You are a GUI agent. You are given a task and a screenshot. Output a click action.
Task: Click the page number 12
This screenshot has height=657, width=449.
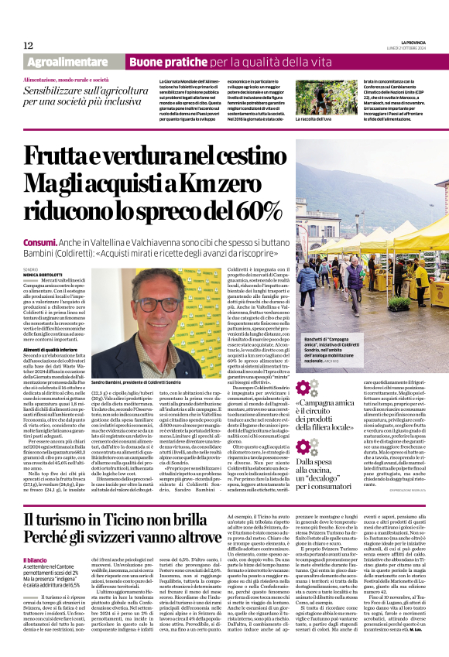click(x=28, y=45)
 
